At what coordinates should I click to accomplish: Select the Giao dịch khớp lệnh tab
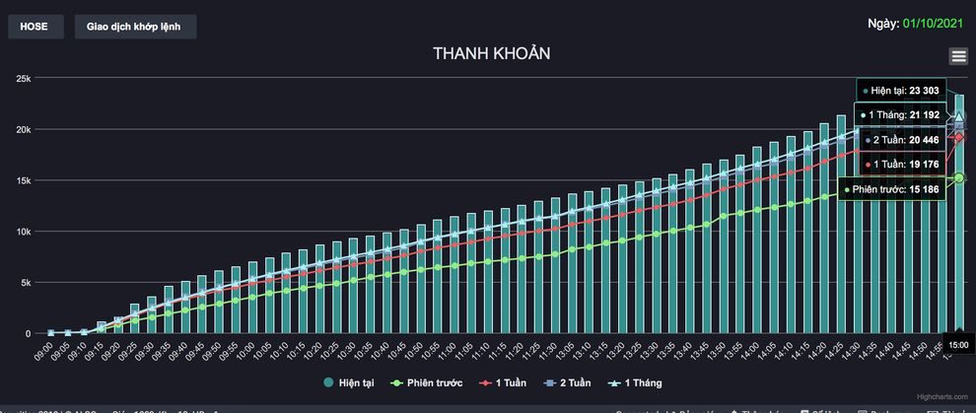pos(135,27)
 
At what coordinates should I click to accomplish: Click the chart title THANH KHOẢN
pos(491,53)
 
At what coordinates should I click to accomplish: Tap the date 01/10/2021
pos(936,23)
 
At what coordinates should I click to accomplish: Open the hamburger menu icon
pos(958,56)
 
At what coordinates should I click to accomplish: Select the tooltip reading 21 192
pos(925,115)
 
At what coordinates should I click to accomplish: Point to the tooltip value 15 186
pos(924,189)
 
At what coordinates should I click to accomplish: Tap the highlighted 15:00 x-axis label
pos(958,344)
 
